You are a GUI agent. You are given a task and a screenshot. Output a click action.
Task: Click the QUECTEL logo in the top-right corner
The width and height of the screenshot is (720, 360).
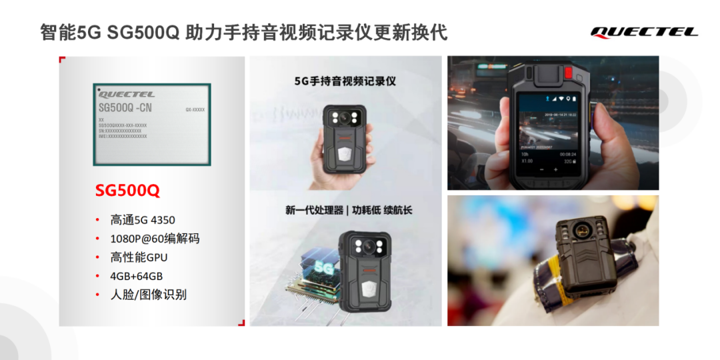(644, 31)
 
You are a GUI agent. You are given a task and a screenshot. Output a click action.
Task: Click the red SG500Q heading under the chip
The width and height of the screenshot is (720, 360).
(127, 191)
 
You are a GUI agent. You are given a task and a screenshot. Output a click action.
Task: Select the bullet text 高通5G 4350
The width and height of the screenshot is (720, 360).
(143, 220)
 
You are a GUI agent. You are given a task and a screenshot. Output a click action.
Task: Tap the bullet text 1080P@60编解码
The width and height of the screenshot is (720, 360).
(155, 239)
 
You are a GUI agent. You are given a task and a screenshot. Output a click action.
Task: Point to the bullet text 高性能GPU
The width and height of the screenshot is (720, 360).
(139, 257)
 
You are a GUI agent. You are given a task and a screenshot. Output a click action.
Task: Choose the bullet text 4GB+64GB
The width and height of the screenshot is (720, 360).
(137, 276)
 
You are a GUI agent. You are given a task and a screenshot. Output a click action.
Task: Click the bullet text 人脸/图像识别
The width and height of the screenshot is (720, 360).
(148, 295)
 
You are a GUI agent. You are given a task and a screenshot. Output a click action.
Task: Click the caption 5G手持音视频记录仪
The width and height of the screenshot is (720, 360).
(345, 81)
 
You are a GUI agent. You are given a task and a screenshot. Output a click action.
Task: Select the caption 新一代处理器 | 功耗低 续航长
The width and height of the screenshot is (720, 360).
(349, 211)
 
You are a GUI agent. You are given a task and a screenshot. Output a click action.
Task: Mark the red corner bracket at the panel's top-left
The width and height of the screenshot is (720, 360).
(62, 60)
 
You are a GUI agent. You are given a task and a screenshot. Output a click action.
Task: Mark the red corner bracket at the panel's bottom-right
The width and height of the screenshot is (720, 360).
(241, 323)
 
